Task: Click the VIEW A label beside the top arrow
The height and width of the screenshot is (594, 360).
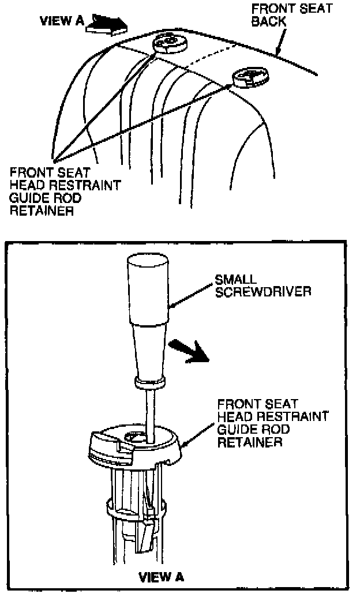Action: [x=61, y=21]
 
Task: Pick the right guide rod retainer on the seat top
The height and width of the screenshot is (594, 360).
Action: [x=250, y=77]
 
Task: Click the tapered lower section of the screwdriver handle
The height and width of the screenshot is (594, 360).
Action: [x=149, y=349]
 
